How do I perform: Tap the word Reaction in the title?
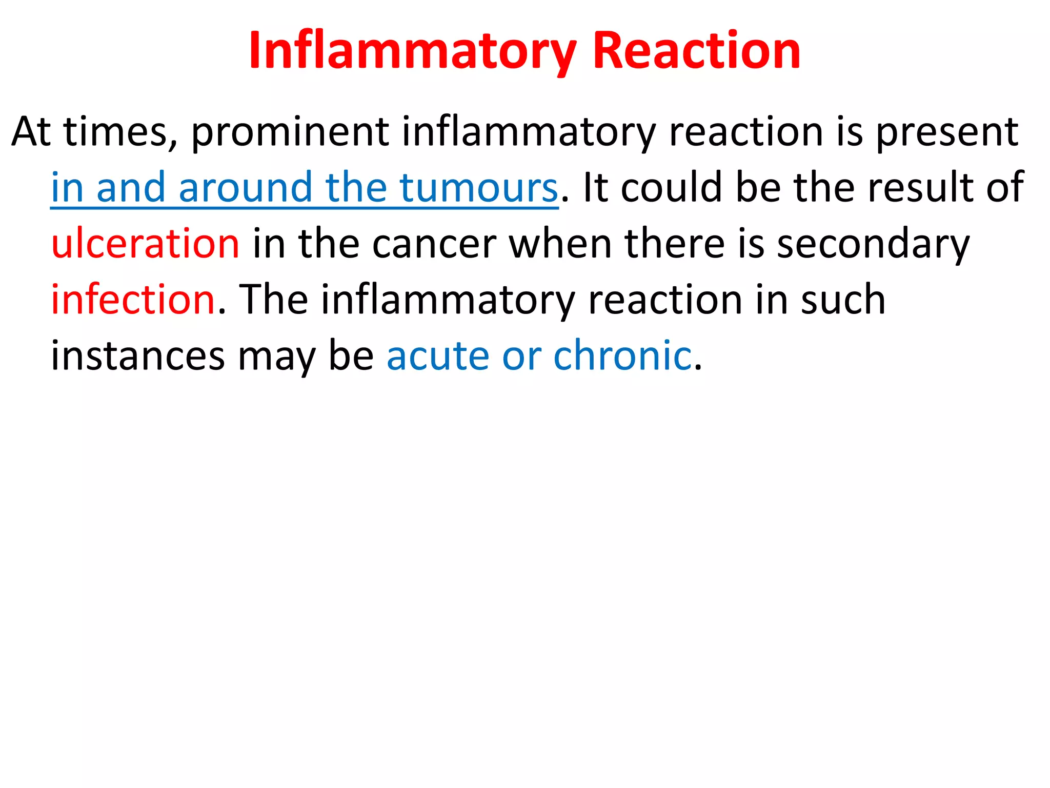(x=696, y=51)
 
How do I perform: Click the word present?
(x=946, y=133)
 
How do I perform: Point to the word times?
(x=120, y=133)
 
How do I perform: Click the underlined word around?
(x=246, y=188)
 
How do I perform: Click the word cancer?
(x=434, y=244)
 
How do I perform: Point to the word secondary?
(x=873, y=244)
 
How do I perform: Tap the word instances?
(x=138, y=356)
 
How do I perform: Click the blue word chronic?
(x=622, y=356)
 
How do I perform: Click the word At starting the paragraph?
(x=31, y=133)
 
